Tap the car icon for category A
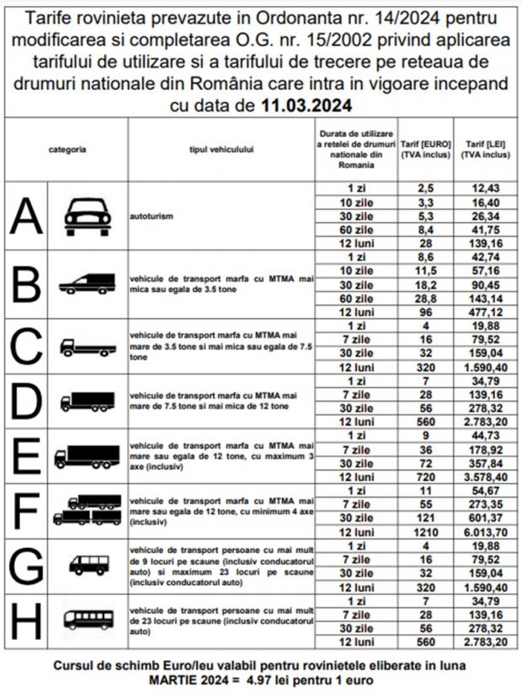click(x=88, y=216)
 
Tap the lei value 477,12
click(x=485, y=311)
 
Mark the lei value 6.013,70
click(x=485, y=531)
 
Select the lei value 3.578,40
click(x=485, y=477)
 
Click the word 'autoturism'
click(x=151, y=216)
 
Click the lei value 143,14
click(x=485, y=297)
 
